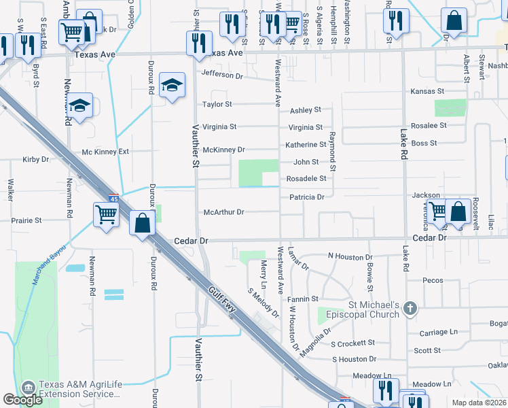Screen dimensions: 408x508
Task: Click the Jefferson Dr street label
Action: (221, 75)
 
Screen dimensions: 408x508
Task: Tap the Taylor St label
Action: (217, 105)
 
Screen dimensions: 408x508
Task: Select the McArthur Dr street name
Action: (223, 212)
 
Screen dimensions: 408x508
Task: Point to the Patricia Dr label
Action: (307, 197)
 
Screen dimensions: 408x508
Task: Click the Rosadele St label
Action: (310, 179)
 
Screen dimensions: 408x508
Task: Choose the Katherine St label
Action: (306, 145)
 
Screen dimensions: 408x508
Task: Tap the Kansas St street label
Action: (427, 91)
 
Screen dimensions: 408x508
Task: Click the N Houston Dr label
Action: (351, 256)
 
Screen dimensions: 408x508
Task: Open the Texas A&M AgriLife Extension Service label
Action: (80, 389)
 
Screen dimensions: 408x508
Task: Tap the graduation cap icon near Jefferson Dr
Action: (172, 86)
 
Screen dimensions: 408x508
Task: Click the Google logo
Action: (23, 400)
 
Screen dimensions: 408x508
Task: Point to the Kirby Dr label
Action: (36, 160)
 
